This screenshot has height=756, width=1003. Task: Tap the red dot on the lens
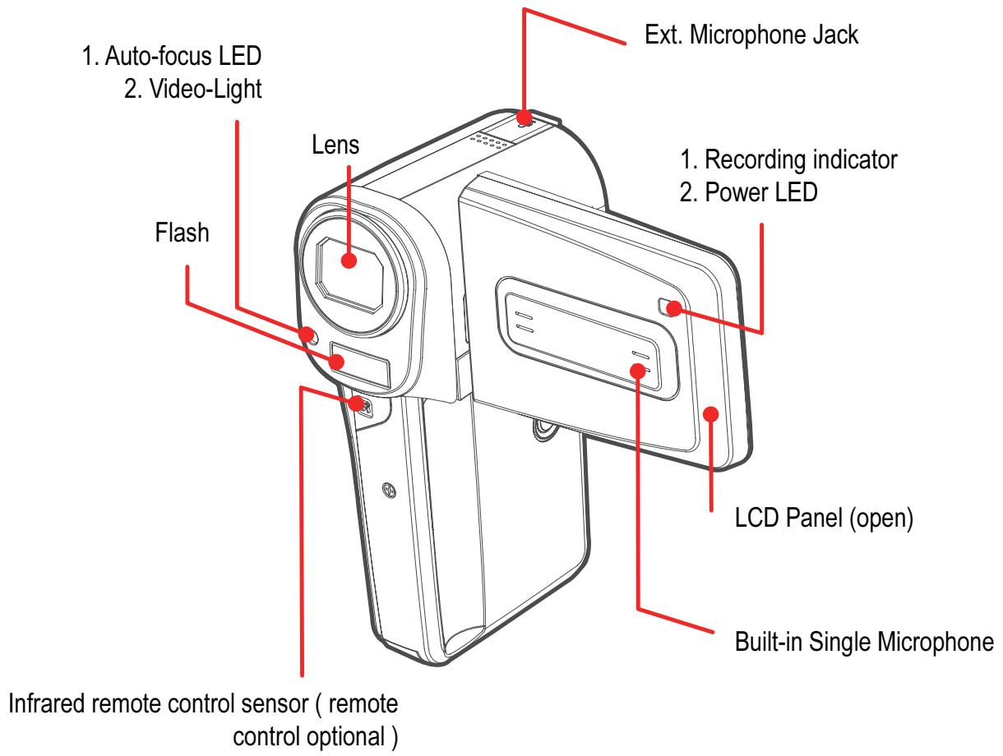(x=349, y=259)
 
